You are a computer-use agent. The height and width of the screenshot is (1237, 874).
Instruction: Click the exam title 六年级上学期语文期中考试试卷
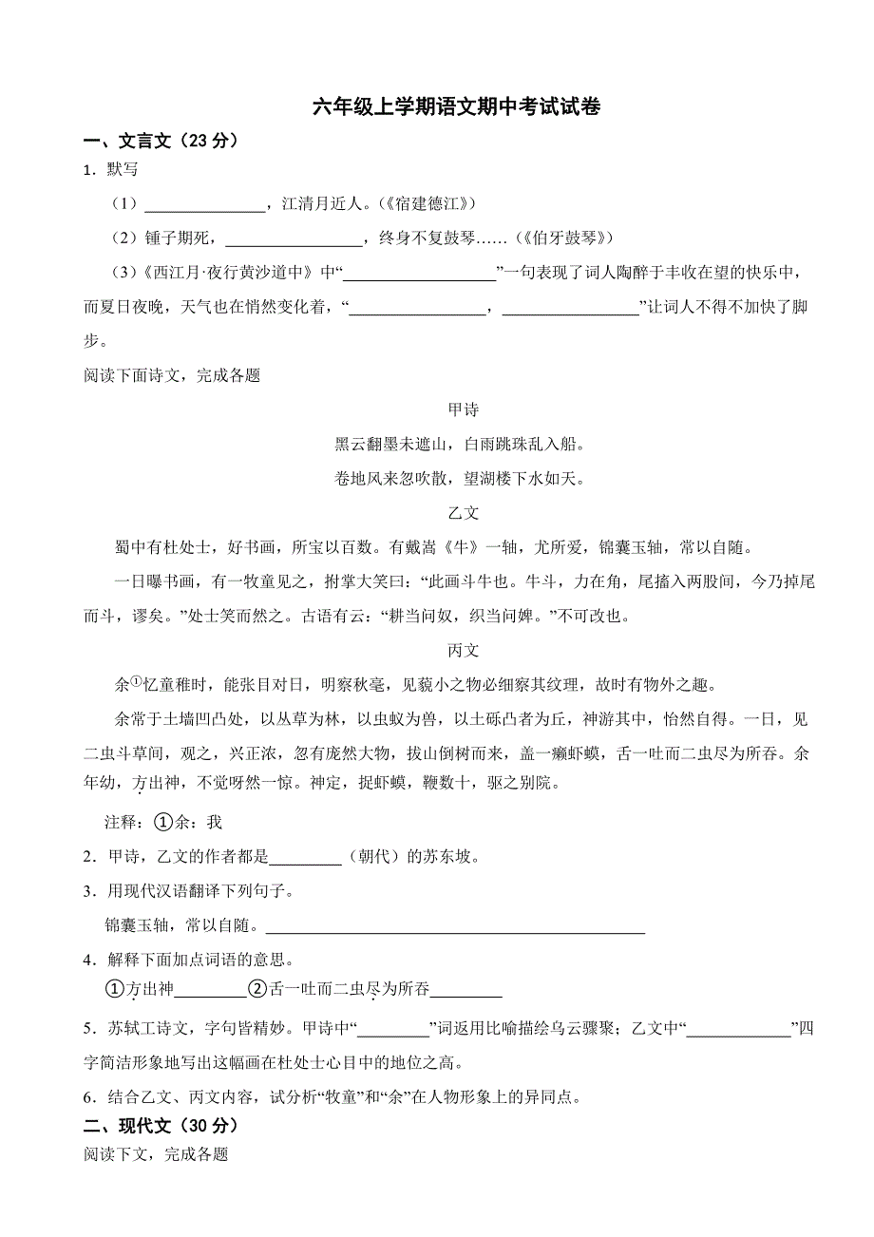pos(457,106)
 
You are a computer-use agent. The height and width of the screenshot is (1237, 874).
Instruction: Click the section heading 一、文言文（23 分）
pos(161,141)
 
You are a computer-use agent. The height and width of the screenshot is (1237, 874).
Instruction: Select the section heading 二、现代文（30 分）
pos(161,1125)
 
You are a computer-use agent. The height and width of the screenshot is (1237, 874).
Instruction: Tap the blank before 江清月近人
pos(204,204)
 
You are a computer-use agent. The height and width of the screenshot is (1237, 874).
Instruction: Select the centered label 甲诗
pos(463,409)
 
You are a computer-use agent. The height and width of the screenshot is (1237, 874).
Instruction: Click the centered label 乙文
pos(463,512)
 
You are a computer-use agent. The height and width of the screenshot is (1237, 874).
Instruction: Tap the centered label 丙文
pos(463,651)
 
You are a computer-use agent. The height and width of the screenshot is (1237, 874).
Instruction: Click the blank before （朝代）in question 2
pos(305,857)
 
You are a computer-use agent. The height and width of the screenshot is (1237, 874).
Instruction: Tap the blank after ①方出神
pos(211,990)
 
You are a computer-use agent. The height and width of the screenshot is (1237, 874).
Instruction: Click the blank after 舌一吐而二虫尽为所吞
pos(465,990)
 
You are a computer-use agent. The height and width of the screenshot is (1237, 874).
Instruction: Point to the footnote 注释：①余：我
pos(162,822)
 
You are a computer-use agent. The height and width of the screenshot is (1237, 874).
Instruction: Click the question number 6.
pos(88,1097)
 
